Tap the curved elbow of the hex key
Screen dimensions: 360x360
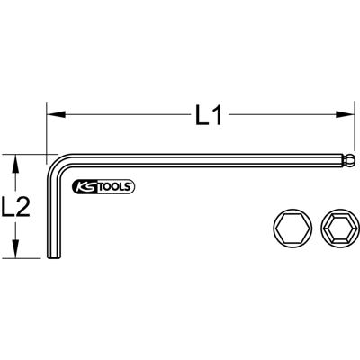pos(55,166)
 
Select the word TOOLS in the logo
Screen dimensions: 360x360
pos(115,187)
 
